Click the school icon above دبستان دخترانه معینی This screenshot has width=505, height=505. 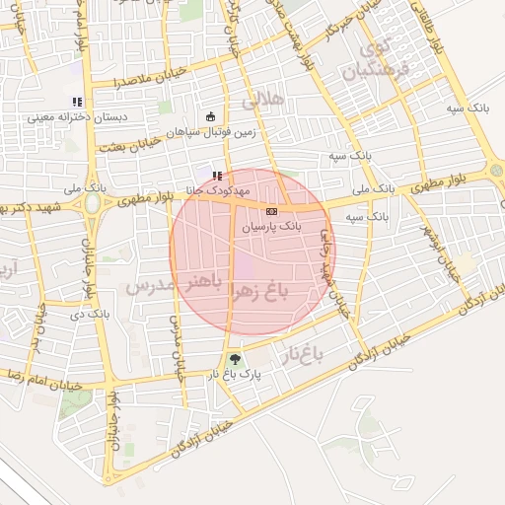[x=77, y=102]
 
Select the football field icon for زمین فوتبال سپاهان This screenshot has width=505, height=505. [x=210, y=117]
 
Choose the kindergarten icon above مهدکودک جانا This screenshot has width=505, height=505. [x=217, y=176]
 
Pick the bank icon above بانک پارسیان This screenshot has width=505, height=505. [x=272, y=211]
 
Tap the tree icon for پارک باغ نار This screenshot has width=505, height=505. [x=234, y=359]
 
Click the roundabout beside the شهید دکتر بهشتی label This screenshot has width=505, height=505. [x=93, y=204]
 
